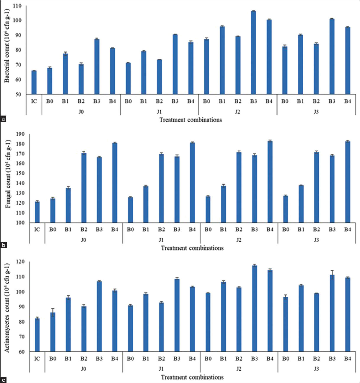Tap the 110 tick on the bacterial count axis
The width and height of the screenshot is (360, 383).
[x=20, y=6]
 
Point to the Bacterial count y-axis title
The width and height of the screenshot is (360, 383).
[x=7, y=47]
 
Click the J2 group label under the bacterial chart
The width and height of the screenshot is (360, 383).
[x=238, y=112]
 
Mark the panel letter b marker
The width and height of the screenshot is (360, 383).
[x=3, y=245]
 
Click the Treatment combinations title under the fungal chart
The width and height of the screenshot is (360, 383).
[x=192, y=248]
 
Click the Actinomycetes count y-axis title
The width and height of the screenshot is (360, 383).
[x=7, y=307]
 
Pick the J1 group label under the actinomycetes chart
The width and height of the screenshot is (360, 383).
[x=161, y=369]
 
